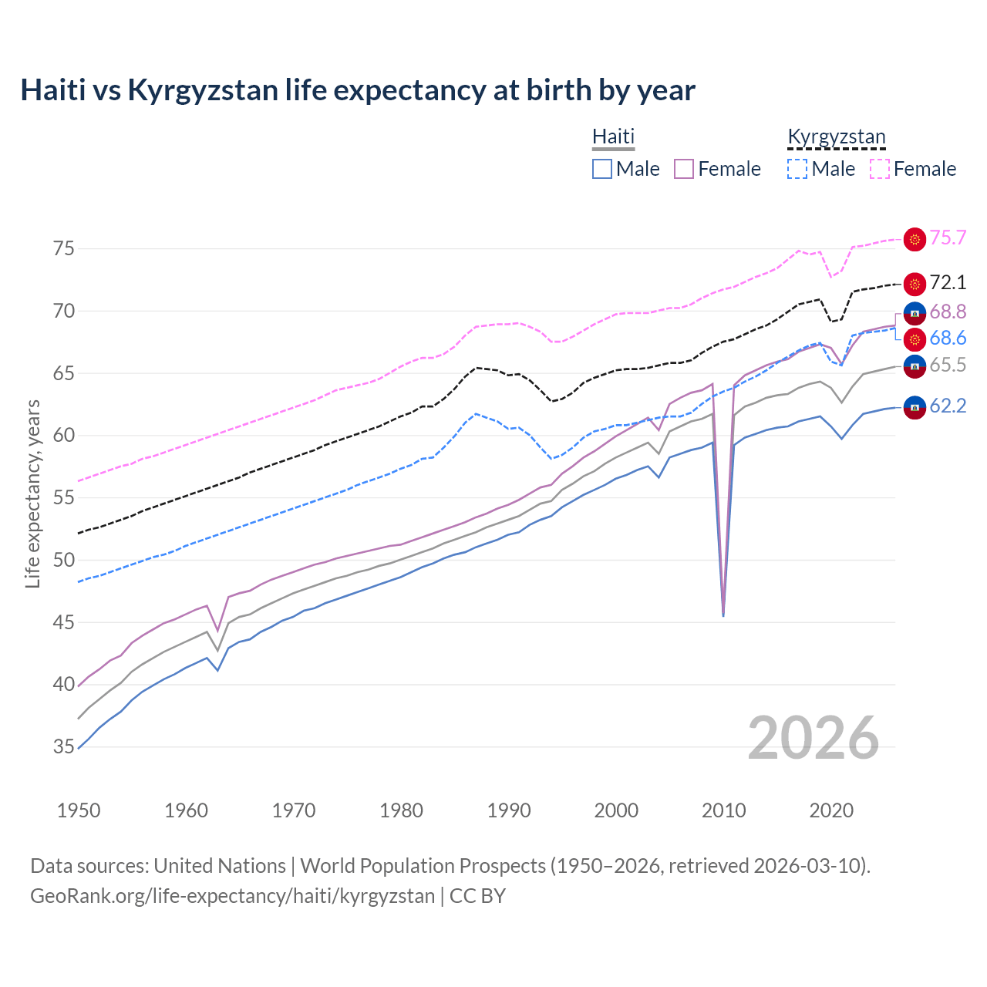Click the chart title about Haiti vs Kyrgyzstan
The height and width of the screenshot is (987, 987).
(358, 90)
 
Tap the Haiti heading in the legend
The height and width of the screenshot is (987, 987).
(613, 136)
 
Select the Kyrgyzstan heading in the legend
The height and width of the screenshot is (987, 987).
(836, 136)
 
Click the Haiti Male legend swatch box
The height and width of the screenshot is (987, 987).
(602, 169)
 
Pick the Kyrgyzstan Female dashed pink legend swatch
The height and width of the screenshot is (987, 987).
(880, 169)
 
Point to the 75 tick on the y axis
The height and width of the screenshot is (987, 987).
(64, 248)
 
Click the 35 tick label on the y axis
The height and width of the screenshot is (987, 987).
(64, 746)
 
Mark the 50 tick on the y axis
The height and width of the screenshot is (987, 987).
(64, 560)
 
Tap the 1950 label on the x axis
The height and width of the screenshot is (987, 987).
(79, 810)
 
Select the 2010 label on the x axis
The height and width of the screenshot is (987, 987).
(723, 810)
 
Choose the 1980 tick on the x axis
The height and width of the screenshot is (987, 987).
(401, 810)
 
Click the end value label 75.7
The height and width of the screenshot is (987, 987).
(948, 238)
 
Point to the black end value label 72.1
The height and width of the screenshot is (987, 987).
(948, 283)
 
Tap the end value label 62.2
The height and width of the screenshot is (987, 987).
(948, 406)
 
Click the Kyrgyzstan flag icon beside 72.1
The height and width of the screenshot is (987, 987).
(915, 284)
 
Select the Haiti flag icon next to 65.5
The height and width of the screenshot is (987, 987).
(915, 366)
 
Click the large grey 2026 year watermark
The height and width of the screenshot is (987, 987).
(814, 739)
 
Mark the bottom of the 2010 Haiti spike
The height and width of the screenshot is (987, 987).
(723, 615)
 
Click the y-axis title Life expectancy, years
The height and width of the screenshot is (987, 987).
(32, 493)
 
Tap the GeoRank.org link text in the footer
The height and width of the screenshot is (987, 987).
(232, 896)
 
